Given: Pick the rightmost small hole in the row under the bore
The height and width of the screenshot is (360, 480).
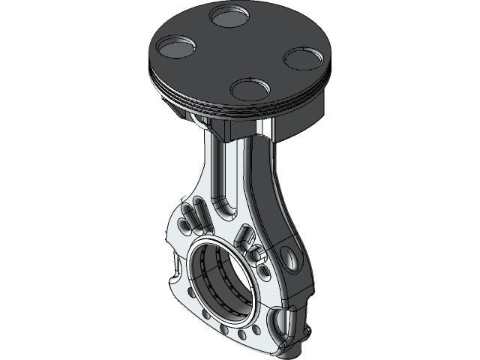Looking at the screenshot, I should [256, 329].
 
